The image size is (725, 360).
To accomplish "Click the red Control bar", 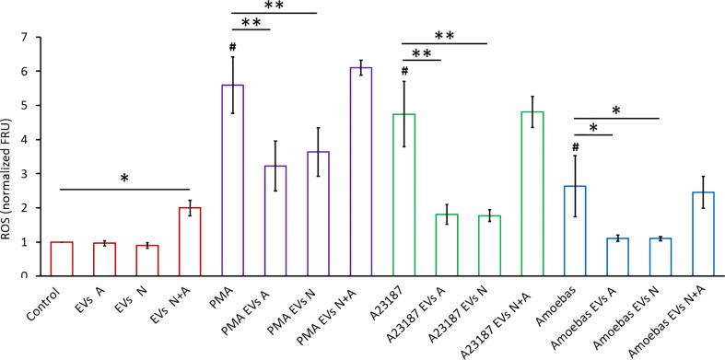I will click(62, 259).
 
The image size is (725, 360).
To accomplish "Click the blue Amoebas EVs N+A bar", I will click(703, 234).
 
